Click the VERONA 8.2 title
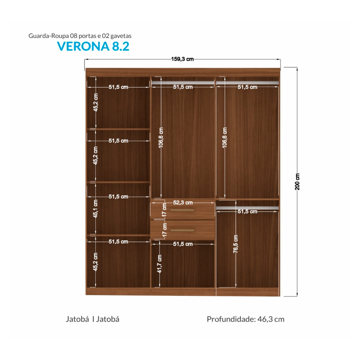[93, 46]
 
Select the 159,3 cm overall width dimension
[183, 59]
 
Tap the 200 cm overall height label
[297, 182]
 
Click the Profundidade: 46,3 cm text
[245, 319]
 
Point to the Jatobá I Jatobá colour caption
[93, 319]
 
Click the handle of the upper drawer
[183, 210]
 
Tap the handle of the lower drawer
[183, 230]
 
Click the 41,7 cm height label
[159, 264]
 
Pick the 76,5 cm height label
[236, 244]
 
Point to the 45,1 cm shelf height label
[95, 208]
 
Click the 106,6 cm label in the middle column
[161, 138]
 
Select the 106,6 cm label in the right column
[225, 138]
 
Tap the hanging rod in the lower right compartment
[247, 208]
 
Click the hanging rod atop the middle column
[183, 82]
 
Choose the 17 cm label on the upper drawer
[164, 210]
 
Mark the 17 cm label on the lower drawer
[164, 230]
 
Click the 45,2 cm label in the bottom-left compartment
[95, 262]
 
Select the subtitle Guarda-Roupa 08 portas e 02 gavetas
[80, 36]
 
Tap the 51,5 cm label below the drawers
[183, 244]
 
